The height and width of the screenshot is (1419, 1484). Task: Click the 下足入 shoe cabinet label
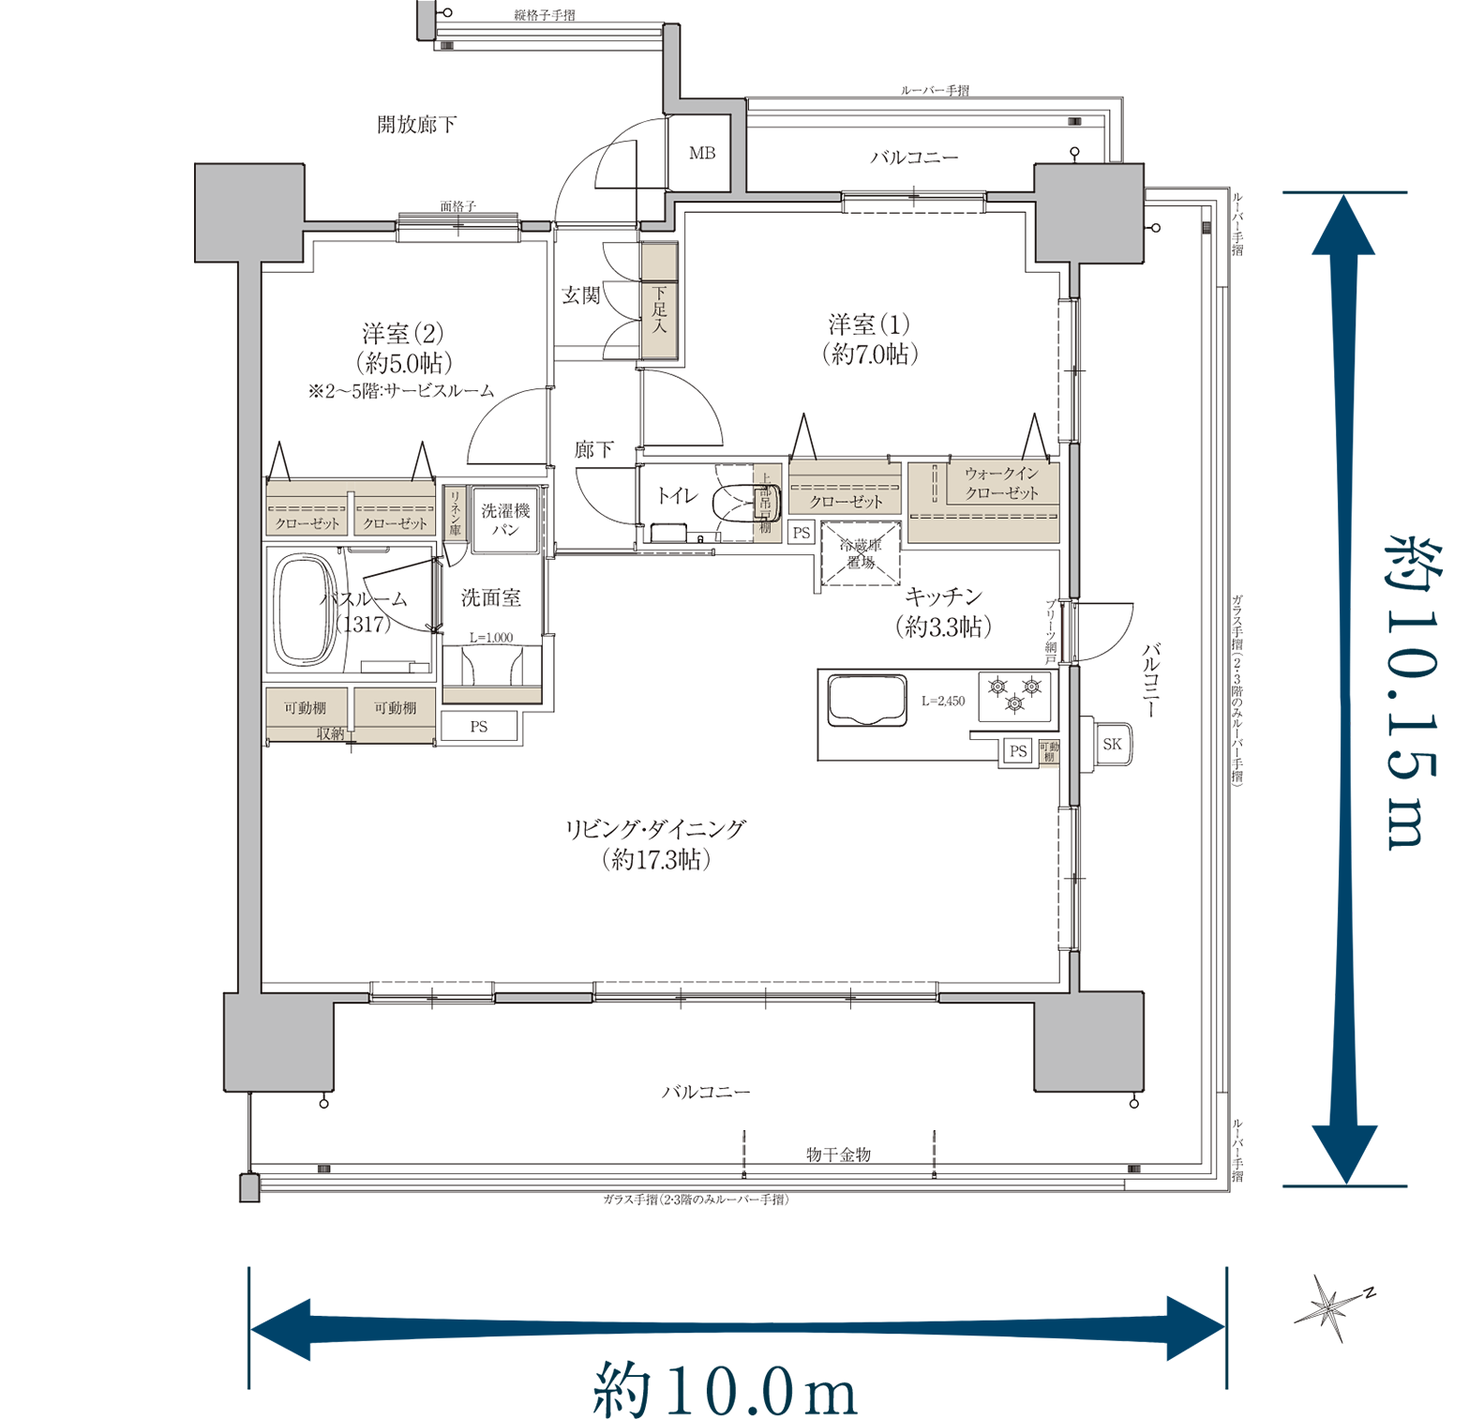tap(659, 309)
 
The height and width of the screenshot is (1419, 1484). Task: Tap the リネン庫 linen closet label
tap(455, 513)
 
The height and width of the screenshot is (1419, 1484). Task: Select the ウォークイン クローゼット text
tap(1002, 483)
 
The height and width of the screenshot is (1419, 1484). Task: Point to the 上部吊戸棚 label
tap(766, 504)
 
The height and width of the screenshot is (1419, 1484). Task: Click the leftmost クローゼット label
tap(307, 523)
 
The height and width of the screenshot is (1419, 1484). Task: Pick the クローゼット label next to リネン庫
tap(395, 523)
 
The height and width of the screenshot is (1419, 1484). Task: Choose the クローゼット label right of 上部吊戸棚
tap(846, 502)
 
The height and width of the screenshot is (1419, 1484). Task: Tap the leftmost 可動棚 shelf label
tap(306, 708)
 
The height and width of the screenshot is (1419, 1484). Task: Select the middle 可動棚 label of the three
tap(395, 708)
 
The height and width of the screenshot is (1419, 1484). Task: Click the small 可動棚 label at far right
tap(1049, 752)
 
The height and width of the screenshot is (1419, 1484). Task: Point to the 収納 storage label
tap(331, 733)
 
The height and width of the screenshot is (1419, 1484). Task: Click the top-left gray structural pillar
tap(249, 213)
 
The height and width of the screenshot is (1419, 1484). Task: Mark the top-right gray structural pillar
tap(1089, 213)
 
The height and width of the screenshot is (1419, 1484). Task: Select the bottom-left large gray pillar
tap(279, 1042)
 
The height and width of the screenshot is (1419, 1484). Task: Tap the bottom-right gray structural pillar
tap(1089, 1042)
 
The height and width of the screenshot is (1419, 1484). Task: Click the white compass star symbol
tap(1327, 1306)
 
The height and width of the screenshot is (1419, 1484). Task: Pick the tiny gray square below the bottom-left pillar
tap(249, 1188)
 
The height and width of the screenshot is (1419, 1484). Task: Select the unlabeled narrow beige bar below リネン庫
tap(492, 695)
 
